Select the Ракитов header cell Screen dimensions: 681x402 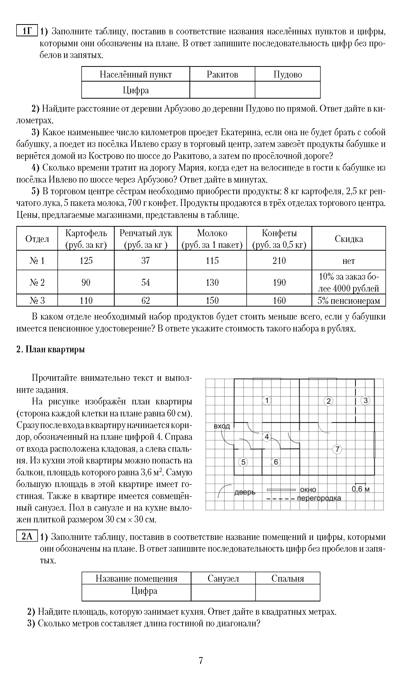[x=222, y=74]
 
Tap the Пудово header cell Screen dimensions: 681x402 [x=287, y=74]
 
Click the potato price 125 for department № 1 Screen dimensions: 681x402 [x=86, y=261]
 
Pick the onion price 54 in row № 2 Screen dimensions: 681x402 [x=145, y=282]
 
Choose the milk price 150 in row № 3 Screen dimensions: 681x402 [x=212, y=300]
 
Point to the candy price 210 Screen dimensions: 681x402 [x=279, y=261]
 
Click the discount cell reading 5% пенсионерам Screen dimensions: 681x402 [x=349, y=300]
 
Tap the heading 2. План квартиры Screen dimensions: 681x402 [x=51, y=350]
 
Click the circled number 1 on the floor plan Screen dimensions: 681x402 [x=266, y=400]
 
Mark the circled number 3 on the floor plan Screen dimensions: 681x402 [x=365, y=400]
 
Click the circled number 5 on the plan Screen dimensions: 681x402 [x=243, y=462]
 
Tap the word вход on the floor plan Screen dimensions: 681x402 [x=222, y=427]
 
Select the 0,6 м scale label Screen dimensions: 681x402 [x=360, y=489]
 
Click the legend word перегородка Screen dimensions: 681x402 [x=319, y=498]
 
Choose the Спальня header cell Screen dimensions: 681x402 [x=287, y=579]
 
